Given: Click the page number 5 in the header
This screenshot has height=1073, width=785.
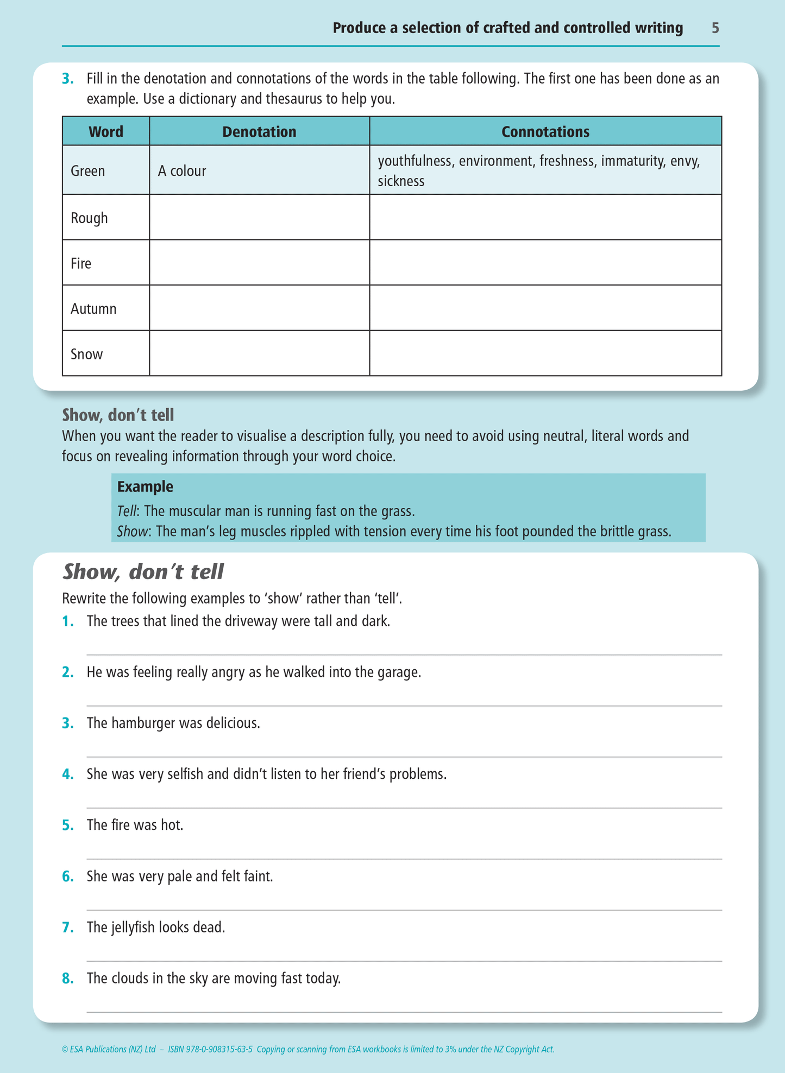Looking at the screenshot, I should click(x=715, y=28).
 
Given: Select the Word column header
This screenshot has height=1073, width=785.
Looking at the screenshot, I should click(x=106, y=132).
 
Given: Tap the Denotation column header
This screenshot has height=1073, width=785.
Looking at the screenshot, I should click(x=259, y=132).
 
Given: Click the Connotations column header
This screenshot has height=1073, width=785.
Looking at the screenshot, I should click(x=545, y=132).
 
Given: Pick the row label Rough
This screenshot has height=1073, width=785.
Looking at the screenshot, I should click(x=89, y=218).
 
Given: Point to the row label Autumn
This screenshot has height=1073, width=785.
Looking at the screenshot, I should click(x=93, y=309).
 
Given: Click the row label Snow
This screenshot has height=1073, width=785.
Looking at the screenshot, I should click(x=86, y=354).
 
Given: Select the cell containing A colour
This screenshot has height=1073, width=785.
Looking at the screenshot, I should click(x=182, y=172).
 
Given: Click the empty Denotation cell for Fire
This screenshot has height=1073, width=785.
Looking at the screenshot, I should click(x=259, y=263).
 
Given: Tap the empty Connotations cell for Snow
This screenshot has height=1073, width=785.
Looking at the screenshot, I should click(x=545, y=353).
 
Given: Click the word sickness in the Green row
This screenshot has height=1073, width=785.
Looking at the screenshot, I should click(x=401, y=181).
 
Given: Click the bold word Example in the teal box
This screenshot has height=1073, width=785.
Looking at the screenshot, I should click(x=145, y=487).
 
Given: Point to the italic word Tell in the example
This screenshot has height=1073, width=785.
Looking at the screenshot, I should click(x=127, y=511).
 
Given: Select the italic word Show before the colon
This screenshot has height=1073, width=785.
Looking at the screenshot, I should click(x=132, y=531).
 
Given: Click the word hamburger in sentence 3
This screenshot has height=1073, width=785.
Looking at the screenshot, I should click(x=146, y=723).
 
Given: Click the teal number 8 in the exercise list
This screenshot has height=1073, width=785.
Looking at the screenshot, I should click(x=67, y=979).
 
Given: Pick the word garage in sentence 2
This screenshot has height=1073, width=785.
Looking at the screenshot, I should click(x=399, y=672).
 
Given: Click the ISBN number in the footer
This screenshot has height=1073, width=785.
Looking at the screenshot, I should click(x=210, y=1050).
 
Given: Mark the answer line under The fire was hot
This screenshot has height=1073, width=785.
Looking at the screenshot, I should click(x=404, y=858).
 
